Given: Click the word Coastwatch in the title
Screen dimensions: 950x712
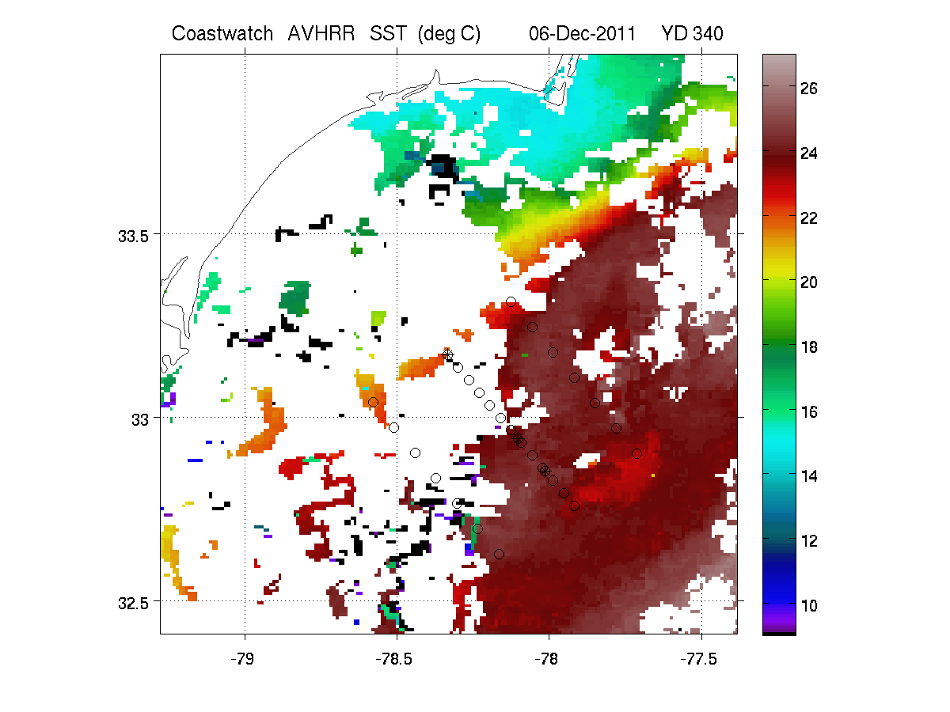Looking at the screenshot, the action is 222,34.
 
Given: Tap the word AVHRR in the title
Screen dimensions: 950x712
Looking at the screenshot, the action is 321,34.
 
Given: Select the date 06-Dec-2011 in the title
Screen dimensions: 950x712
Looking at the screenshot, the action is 582,34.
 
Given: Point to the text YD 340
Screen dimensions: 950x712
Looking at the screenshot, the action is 692,34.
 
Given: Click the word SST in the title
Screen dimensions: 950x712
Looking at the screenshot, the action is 388,34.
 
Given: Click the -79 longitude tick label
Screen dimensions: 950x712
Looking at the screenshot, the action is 242,659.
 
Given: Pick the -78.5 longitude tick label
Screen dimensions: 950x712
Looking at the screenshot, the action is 394,659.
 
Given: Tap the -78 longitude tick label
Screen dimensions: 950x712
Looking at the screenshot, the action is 546,659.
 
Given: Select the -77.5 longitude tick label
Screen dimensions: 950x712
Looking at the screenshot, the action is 698,659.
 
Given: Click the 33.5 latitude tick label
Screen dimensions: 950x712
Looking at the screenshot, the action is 133,237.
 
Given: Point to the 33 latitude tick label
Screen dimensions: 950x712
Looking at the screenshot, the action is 140,420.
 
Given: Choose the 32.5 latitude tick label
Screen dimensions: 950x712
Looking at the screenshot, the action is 133,603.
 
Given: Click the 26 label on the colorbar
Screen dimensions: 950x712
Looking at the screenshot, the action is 808,89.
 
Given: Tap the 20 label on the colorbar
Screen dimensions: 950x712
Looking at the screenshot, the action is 808,282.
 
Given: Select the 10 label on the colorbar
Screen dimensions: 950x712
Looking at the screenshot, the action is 808,606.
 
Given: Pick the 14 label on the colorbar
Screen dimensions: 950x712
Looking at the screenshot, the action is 808,476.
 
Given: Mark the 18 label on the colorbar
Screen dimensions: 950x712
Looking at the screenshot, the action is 808,347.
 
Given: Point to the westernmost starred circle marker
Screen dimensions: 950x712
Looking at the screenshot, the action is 448,355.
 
